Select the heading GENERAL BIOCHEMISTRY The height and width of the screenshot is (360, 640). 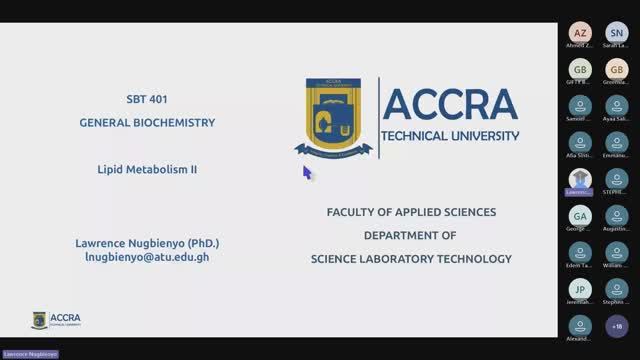point(147,123)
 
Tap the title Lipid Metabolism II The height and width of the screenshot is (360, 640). point(147,170)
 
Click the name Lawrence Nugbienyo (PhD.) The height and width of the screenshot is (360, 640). point(147,243)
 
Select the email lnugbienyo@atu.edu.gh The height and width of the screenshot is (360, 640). point(147,257)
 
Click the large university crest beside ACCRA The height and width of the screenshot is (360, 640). point(334,117)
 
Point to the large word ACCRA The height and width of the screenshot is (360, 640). point(450,104)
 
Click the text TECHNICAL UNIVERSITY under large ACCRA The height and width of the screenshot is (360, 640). point(451,135)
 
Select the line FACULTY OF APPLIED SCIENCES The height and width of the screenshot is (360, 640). point(411,212)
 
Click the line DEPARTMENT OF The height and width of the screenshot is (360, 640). point(410,235)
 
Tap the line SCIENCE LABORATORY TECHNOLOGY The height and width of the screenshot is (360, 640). point(411,259)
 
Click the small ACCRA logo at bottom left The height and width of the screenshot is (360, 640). point(56,320)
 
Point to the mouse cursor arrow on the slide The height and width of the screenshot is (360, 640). point(306,171)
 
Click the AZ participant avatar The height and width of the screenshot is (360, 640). point(580,33)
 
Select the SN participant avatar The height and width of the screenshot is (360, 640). point(616,33)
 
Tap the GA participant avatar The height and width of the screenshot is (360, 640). point(580,216)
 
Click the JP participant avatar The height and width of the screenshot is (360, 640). point(580,289)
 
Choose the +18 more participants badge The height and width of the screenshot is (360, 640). point(616,326)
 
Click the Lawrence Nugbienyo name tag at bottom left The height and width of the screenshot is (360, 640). point(30,354)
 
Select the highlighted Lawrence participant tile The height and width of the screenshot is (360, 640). point(580,180)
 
